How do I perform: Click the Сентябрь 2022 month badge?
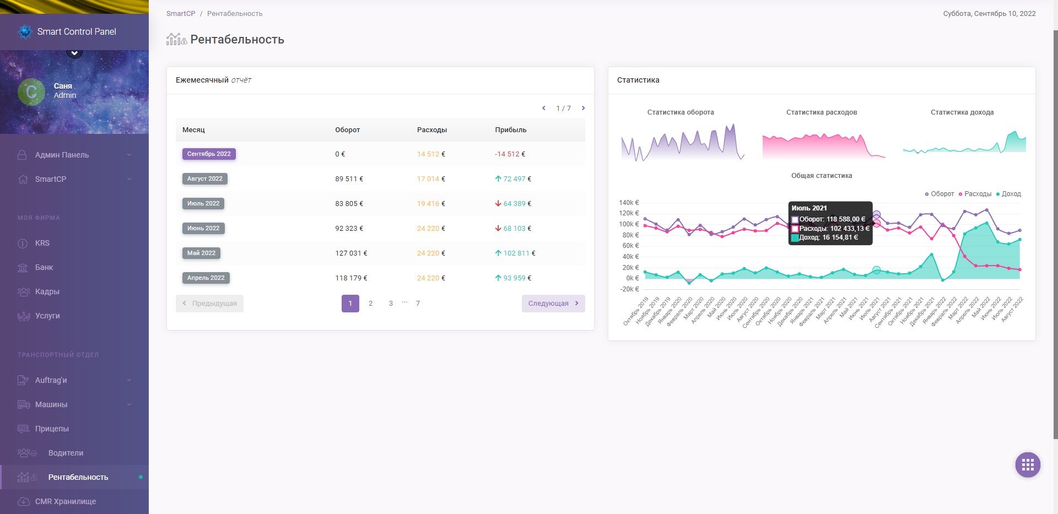click(x=209, y=154)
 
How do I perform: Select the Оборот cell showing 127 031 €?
click(x=350, y=253)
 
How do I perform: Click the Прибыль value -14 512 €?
click(x=510, y=154)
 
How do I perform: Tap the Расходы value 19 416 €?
click(x=430, y=204)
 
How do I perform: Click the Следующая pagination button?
click(x=553, y=304)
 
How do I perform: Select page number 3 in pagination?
click(x=391, y=304)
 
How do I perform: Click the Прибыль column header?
click(x=510, y=130)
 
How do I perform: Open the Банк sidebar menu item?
click(x=44, y=268)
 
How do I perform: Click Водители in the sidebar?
click(x=66, y=453)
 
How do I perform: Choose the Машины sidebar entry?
click(x=51, y=404)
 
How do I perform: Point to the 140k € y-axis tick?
click(x=629, y=203)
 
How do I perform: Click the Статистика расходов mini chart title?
click(x=821, y=112)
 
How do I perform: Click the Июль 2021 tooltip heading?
click(x=809, y=208)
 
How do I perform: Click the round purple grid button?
click(x=1027, y=465)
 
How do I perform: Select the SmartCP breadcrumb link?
click(x=181, y=14)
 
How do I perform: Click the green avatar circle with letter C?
click(x=31, y=92)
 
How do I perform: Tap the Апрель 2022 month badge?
click(x=206, y=278)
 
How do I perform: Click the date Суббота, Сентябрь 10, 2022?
click(x=989, y=14)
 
